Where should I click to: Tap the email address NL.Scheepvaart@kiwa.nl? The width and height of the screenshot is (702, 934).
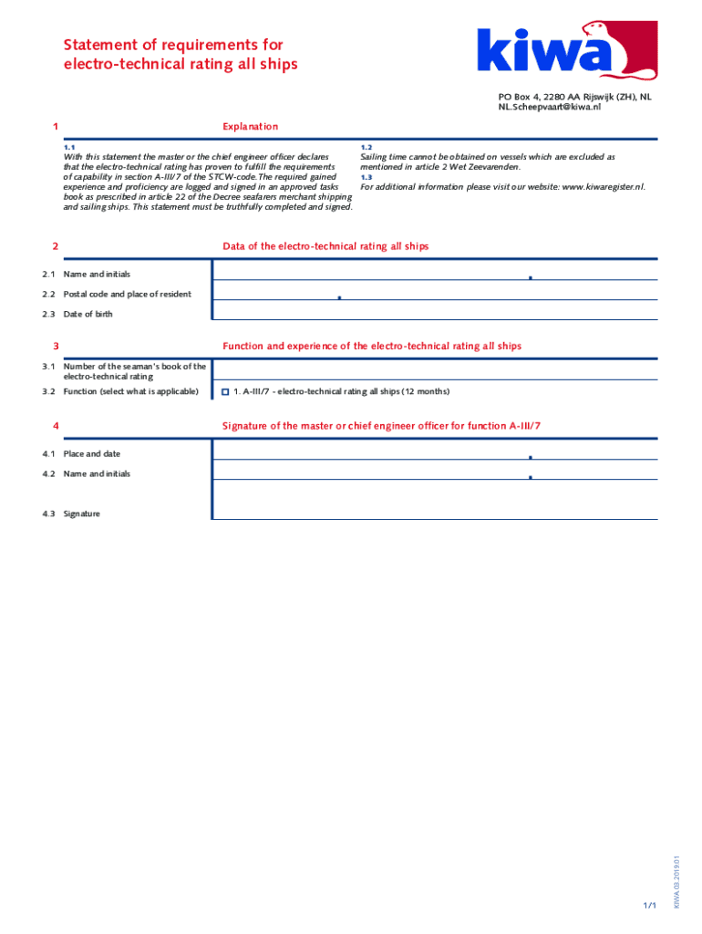point(549,107)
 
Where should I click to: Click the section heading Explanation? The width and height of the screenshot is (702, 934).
point(250,127)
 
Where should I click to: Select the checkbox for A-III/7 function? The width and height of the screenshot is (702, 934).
point(224,392)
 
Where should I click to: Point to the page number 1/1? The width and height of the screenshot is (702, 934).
point(649,905)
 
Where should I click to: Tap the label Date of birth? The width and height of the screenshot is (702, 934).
point(88,315)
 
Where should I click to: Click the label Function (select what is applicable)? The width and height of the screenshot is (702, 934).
point(130,392)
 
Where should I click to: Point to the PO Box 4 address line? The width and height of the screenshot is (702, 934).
point(574,97)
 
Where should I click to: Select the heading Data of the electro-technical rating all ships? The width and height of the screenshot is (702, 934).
point(325,247)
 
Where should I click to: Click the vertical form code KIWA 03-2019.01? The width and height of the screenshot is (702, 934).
point(676,881)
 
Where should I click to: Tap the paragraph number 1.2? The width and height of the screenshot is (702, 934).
point(366,148)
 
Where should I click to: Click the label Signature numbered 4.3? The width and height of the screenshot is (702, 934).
point(81,514)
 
